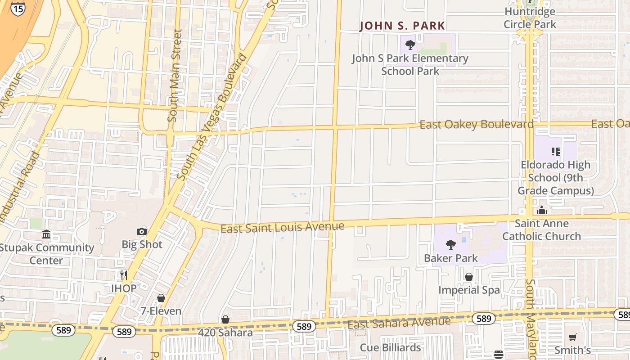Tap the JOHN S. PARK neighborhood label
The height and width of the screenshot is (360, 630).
(x=402, y=26)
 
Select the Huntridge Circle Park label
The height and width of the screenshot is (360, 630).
(x=530, y=18)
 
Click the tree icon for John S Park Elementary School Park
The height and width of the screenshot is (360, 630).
(x=409, y=45)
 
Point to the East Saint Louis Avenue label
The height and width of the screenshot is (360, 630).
(x=282, y=227)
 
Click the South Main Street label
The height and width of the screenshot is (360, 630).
(x=175, y=76)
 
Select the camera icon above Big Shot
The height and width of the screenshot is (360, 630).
(x=142, y=231)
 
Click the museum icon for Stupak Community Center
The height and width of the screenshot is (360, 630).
(x=46, y=234)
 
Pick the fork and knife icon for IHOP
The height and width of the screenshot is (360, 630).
(x=124, y=275)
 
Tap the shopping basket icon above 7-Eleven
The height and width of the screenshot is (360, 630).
(x=161, y=298)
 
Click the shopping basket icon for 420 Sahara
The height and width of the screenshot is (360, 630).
(x=225, y=319)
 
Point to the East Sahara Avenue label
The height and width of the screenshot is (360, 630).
(x=399, y=323)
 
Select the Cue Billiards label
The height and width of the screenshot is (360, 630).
(x=390, y=347)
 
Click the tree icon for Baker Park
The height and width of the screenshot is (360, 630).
(x=450, y=245)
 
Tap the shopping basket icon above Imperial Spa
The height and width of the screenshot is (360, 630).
(x=469, y=277)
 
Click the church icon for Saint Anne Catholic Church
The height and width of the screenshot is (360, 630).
(x=542, y=210)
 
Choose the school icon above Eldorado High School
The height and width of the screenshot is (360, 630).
(x=555, y=152)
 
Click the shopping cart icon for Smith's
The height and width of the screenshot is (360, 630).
(x=572, y=337)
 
